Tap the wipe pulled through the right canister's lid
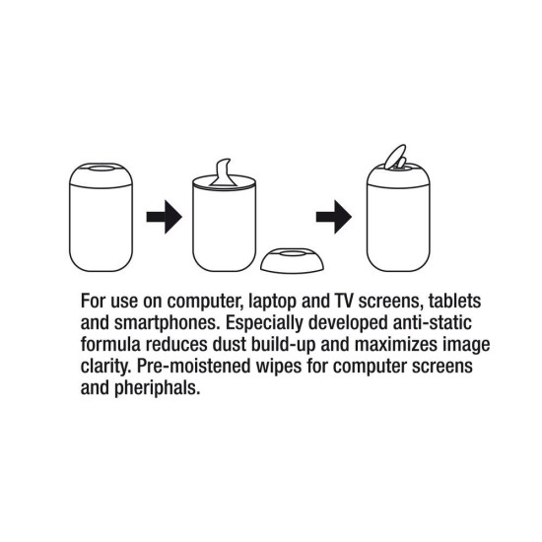(x=394, y=158)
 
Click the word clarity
(x=102, y=364)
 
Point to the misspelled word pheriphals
(x=160, y=385)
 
